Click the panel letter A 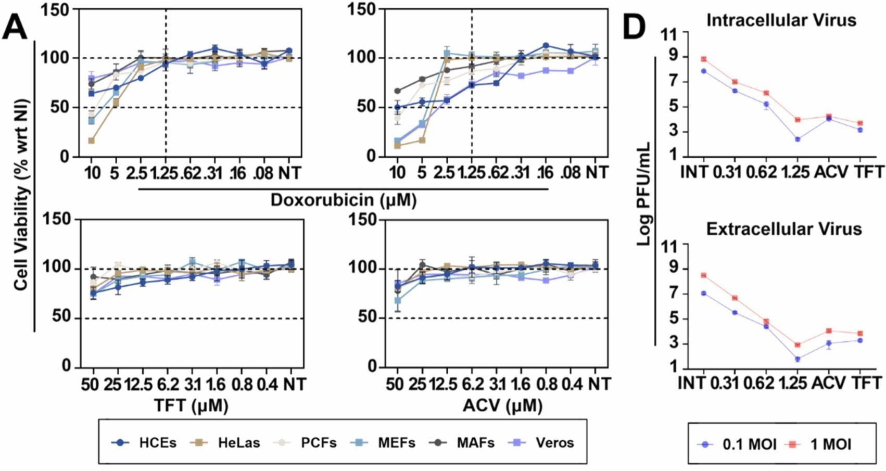15,27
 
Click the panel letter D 635,27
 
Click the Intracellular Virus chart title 781,20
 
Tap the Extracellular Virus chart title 783,229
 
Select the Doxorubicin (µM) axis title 344,200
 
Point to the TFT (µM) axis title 191,405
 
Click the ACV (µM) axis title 502,405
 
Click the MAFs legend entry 462,443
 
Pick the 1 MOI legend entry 821,444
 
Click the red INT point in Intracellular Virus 703,59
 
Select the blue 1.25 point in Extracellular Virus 797,359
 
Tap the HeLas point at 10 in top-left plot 92,141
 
